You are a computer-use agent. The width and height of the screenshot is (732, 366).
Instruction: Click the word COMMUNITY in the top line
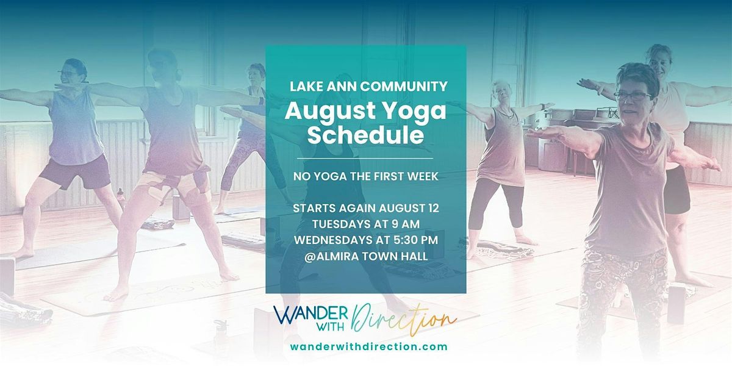pos(404,87)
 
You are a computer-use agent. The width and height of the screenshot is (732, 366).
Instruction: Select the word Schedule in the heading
pos(365,135)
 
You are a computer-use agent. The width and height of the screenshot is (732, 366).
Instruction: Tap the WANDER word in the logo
pos(310,315)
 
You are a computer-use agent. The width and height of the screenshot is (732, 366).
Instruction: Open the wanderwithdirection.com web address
pos(368,346)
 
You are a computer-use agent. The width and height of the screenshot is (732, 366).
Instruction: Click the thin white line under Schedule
pos(365,159)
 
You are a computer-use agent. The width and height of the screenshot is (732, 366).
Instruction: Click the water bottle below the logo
pos(221,332)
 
